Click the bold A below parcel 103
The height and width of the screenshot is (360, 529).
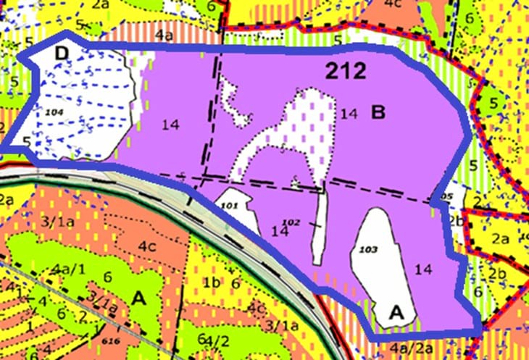396,312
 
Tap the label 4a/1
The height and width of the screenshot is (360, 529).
67,271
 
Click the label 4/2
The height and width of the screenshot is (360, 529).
215,340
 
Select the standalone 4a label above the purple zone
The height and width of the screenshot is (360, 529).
164,33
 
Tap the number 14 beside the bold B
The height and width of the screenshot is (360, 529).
349,113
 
